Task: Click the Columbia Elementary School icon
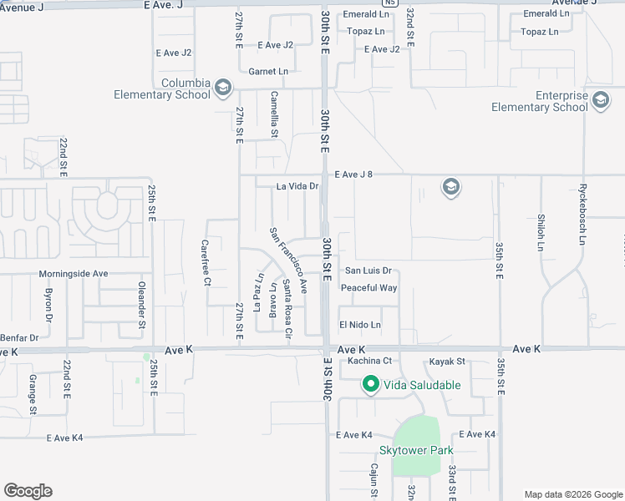(x=222, y=86)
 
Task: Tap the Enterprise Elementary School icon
(x=600, y=101)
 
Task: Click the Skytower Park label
(x=416, y=450)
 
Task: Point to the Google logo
(x=28, y=491)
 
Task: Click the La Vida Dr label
(x=298, y=186)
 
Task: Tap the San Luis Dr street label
(x=368, y=271)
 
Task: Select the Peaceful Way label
(x=368, y=288)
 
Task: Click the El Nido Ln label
(x=360, y=325)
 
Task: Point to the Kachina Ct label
(x=369, y=361)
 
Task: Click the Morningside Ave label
(x=74, y=274)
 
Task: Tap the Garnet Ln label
(x=268, y=72)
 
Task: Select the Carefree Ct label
(x=206, y=263)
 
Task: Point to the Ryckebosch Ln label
(x=583, y=215)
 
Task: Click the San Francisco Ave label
(x=287, y=260)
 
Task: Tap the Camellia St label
(x=273, y=116)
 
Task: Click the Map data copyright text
(x=572, y=493)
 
